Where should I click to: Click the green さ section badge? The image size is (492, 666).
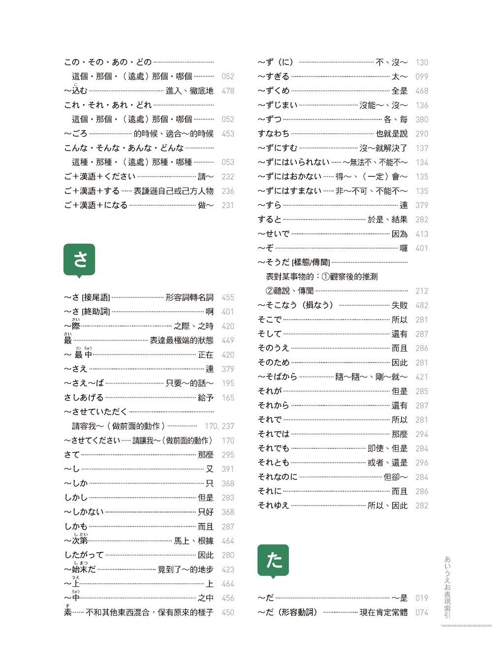[x=79, y=259]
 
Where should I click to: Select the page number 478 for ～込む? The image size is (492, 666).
[x=228, y=91]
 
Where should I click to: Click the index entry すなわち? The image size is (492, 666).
[x=274, y=134]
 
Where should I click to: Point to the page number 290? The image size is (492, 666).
[x=422, y=134]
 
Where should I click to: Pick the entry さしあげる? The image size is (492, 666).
[x=84, y=398]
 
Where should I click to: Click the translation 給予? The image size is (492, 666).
[x=206, y=398]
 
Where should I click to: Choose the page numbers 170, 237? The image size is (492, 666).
[x=219, y=426]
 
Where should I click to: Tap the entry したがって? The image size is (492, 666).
[x=84, y=555]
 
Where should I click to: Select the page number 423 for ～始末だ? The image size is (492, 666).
[x=228, y=570]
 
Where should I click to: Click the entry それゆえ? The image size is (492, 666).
[x=274, y=506]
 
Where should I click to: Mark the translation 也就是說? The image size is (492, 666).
[x=392, y=134]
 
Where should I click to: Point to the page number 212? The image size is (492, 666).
[x=422, y=291]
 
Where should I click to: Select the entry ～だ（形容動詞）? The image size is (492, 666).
[x=288, y=612]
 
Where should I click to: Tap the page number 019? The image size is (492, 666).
[x=422, y=598]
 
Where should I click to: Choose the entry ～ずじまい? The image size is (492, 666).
[x=277, y=105]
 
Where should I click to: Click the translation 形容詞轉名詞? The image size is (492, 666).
[x=189, y=297]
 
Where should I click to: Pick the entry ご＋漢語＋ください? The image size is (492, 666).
[x=99, y=177]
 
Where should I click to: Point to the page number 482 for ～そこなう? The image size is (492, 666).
[x=422, y=305]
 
